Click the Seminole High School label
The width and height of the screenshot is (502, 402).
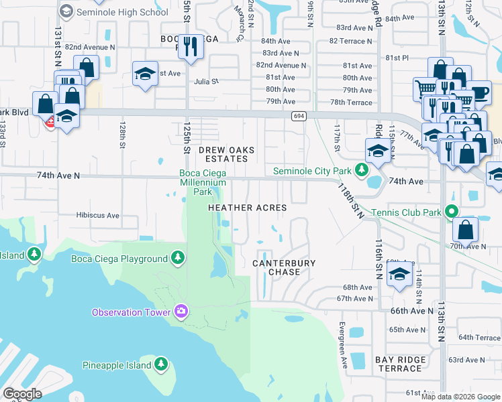click(x=123, y=11)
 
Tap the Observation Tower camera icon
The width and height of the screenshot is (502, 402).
click(x=181, y=311)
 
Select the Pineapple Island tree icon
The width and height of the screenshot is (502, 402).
click(x=161, y=364)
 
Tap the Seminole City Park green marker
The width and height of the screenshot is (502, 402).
click(x=362, y=170)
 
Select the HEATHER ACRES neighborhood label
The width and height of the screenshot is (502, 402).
click(x=248, y=208)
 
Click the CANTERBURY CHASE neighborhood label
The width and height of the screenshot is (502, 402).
click(x=283, y=267)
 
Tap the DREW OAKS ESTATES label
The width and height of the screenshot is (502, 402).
click(x=223, y=154)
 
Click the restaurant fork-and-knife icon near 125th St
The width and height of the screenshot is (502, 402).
click(x=191, y=46)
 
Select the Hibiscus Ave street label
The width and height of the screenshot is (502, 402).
click(x=97, y=216)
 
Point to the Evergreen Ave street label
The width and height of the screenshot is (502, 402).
click(x=342, y=340)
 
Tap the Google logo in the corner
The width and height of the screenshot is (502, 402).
click(x=23, y=393)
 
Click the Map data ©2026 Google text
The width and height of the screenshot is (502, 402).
click(x=460, y=396)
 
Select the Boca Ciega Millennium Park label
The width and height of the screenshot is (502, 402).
click(x=203, y=182)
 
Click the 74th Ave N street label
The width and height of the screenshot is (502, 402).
click(x=58, y=175)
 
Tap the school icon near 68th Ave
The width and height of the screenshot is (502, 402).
click(x=399, y=275)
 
